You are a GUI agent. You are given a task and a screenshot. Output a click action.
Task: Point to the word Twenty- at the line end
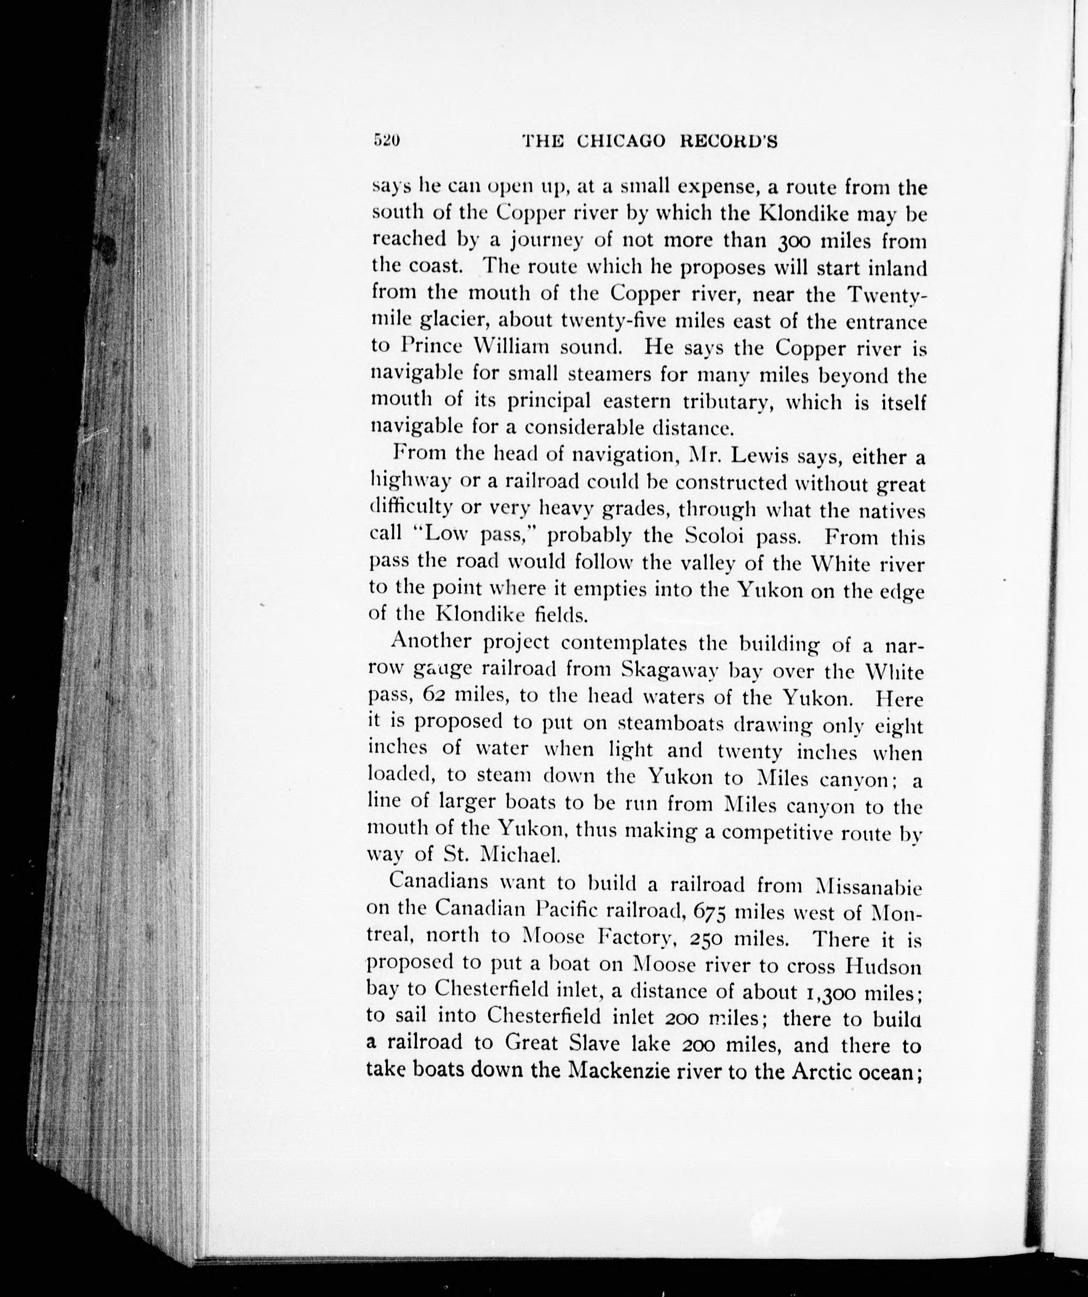886,295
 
